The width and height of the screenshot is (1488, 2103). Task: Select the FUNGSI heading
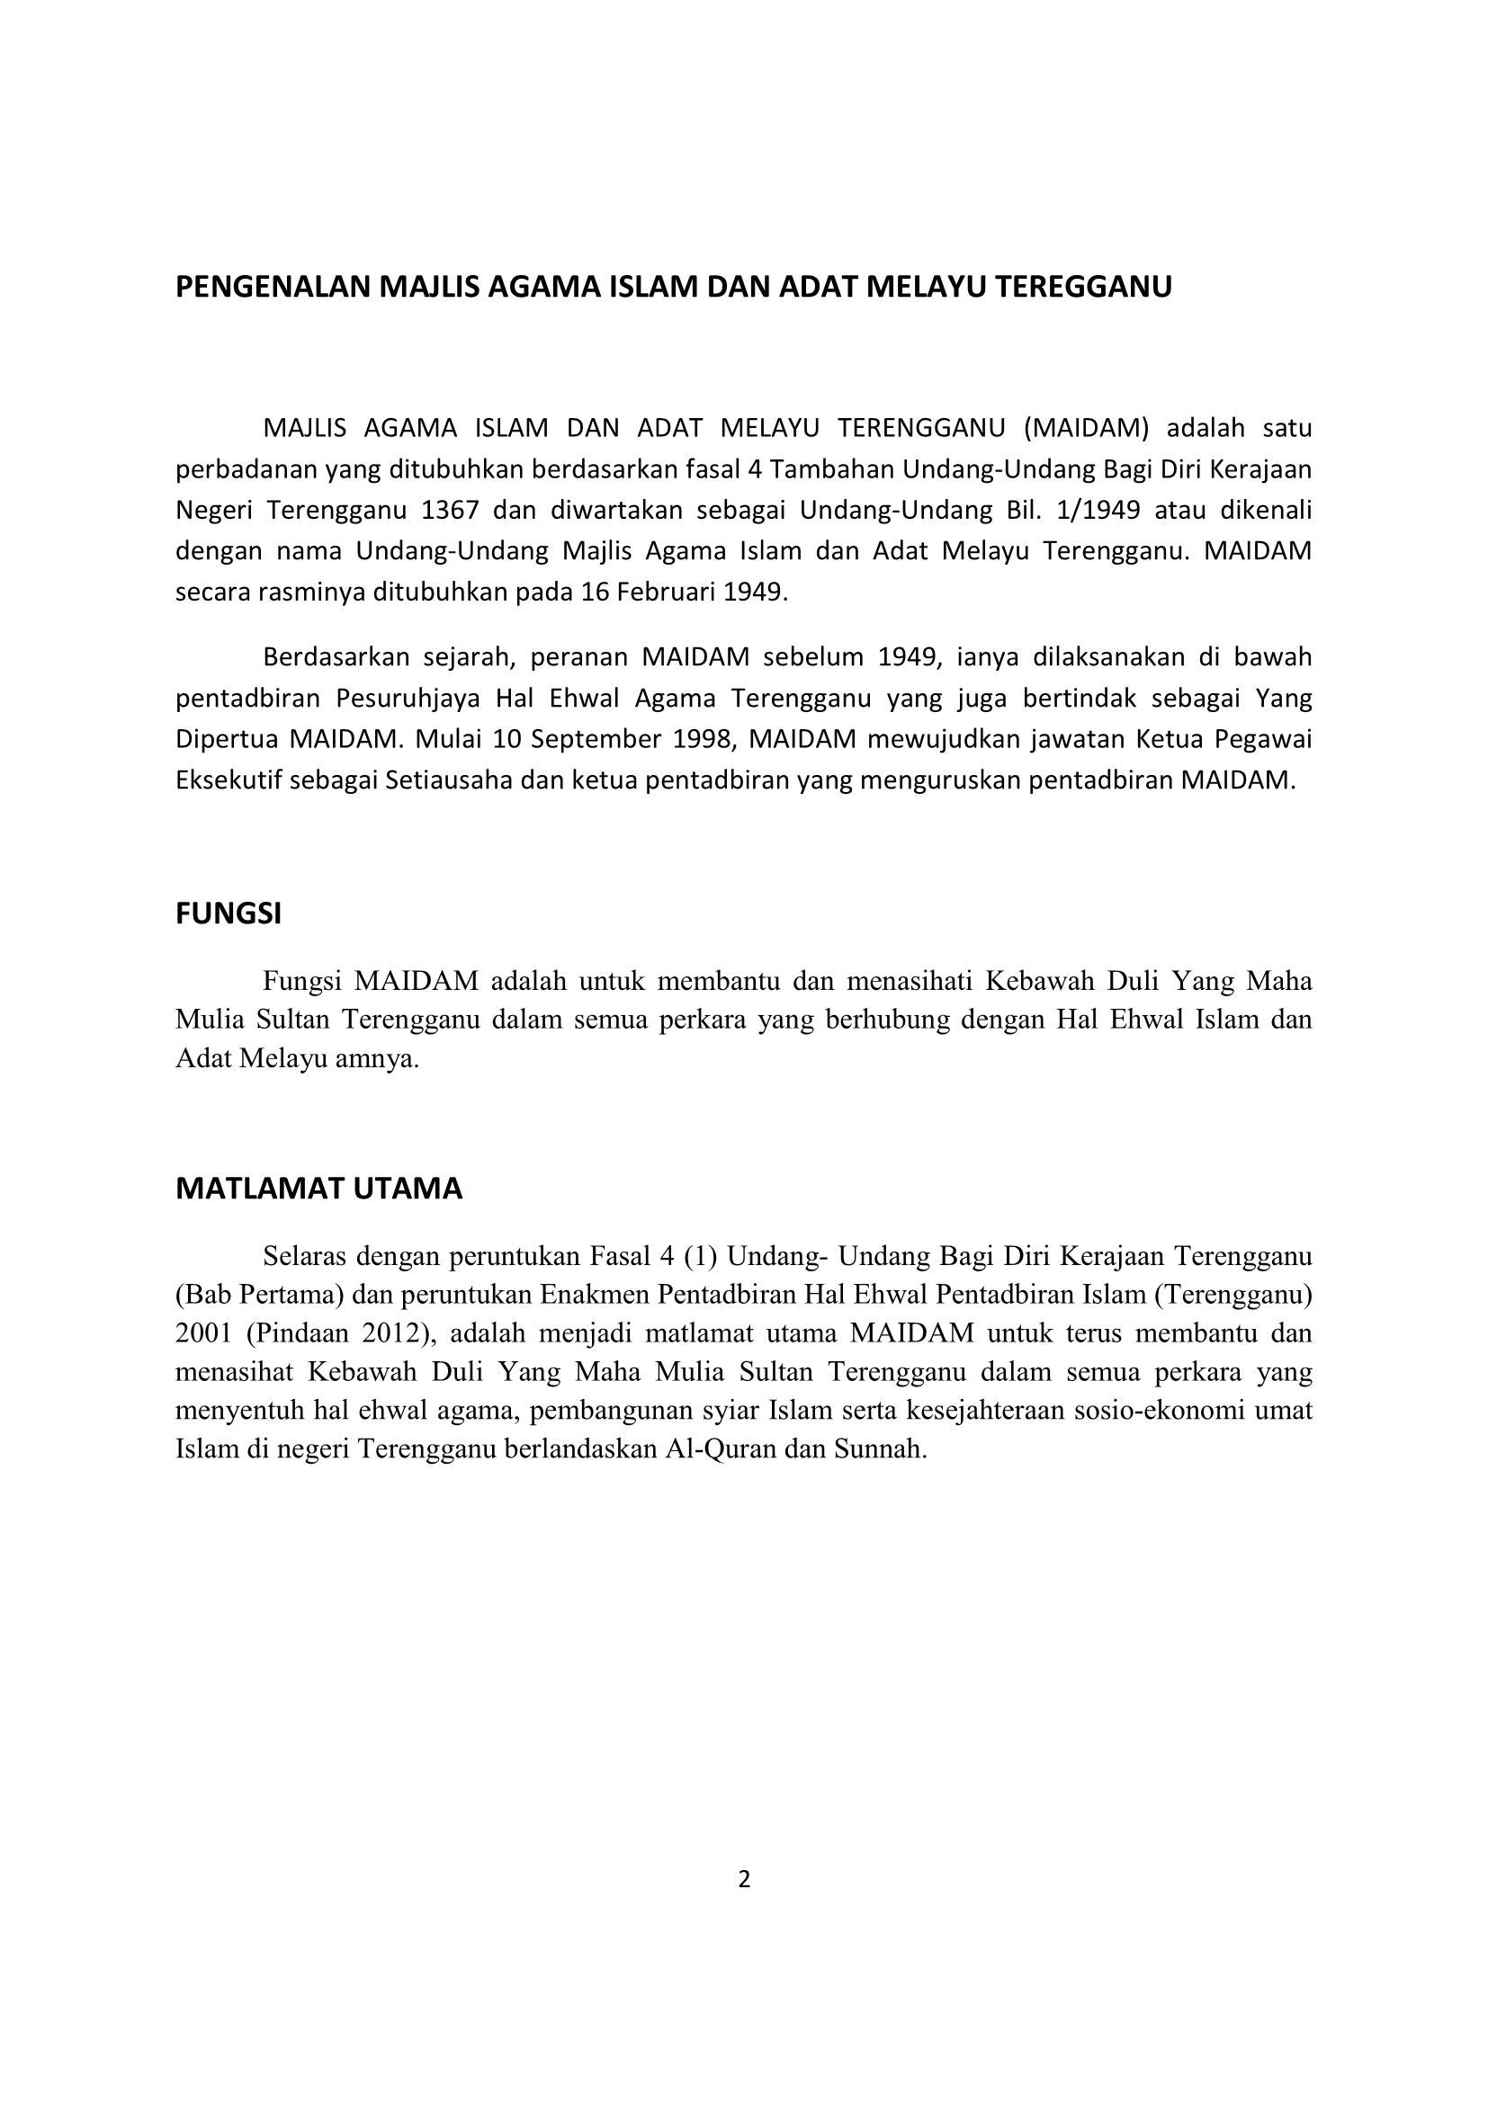coord(229,914)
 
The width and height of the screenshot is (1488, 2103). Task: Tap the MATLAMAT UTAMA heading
coord(318,1189)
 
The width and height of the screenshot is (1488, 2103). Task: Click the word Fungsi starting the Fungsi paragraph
coord(301,981)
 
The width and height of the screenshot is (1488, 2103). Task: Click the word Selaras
coord(304,1254)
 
